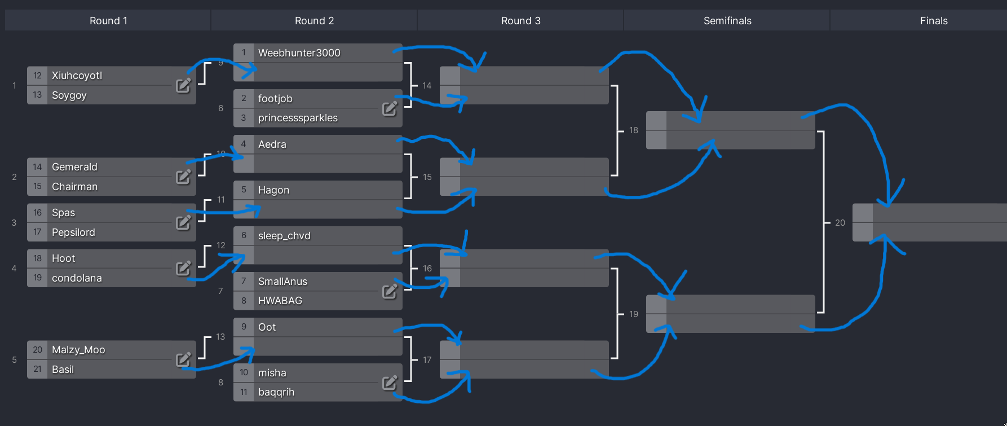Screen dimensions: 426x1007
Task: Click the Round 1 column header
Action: [108, 21]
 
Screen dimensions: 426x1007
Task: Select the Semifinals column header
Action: [727, 21]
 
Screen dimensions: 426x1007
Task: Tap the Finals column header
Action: [933, 21]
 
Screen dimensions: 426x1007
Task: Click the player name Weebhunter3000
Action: [299, 53]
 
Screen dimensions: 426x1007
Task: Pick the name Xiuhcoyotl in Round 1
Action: [77, 76]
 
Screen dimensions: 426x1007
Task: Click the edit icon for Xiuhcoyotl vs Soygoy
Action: [183, 85]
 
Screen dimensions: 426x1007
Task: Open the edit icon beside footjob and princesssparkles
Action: [390, 108]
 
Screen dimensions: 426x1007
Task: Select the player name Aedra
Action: [272, 144]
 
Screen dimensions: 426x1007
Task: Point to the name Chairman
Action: [74, 187]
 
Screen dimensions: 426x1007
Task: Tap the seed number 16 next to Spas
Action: [37, 213]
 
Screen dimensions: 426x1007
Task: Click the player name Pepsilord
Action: [73, 232]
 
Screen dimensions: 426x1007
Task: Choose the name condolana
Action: [77, 278]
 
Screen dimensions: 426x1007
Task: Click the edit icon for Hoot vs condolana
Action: [183, 268]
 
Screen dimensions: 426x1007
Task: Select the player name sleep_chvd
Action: [284, 236]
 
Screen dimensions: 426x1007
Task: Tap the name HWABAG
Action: [280, 301]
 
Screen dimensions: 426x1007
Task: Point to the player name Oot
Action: [267, 327]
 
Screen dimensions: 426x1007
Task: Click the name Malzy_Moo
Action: [78, 350]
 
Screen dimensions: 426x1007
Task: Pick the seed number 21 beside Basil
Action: [37, 369]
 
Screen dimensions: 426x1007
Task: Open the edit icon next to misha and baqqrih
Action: [390, 383]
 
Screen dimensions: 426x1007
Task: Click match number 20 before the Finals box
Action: [840, 223]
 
